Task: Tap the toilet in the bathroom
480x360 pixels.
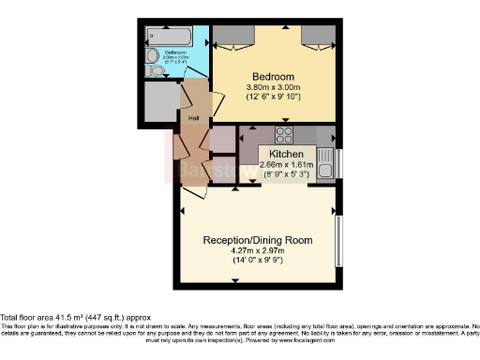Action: click(156, 69)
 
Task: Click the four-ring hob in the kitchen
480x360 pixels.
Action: click(283, 134)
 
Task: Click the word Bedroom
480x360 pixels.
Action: click(273, 75)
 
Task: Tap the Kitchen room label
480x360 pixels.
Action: click(286, 154)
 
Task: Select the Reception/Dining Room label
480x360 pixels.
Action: click(257, 240)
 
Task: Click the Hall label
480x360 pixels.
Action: click(194, 118)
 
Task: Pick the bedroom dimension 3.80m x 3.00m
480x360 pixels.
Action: click(273, 87)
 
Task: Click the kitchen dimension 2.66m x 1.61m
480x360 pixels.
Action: click(286, 164)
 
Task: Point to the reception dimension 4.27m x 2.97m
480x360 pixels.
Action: click(257, 250)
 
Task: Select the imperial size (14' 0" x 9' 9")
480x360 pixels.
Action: click(257, 261)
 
